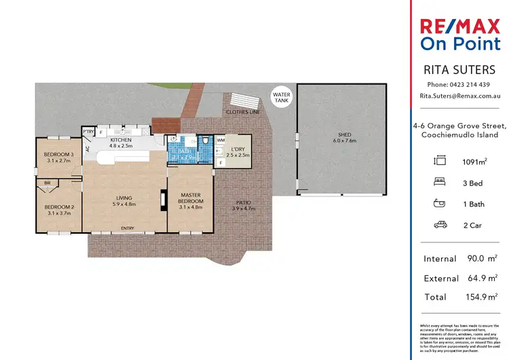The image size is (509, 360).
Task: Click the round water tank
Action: tap(280, 98)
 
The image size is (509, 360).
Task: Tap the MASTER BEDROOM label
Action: tap(191, 198)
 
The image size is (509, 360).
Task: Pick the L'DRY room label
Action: tap(238, 151)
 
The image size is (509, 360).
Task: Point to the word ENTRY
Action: tap(127, 228)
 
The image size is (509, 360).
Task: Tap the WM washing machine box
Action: tap(220, 141)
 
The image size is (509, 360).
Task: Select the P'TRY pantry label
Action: tap(88, 130)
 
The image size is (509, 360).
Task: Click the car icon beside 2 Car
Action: tap(440, 225)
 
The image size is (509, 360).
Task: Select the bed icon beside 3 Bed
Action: tap(440, 182)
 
